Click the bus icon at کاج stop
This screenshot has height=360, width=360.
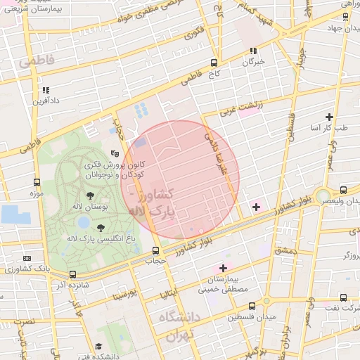tap(214, 63)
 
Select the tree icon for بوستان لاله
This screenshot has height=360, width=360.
tap(89, 196)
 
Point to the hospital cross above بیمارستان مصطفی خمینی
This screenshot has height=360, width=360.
tap(224, 268)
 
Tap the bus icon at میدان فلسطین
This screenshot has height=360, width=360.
tap(252, 306)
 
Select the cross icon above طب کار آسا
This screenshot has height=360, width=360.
tap(329, 117)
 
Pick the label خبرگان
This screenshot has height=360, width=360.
tap(254, 61)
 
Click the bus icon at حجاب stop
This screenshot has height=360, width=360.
tap(155, 250)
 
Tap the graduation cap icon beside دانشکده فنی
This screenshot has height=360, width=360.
tap(98, 347)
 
